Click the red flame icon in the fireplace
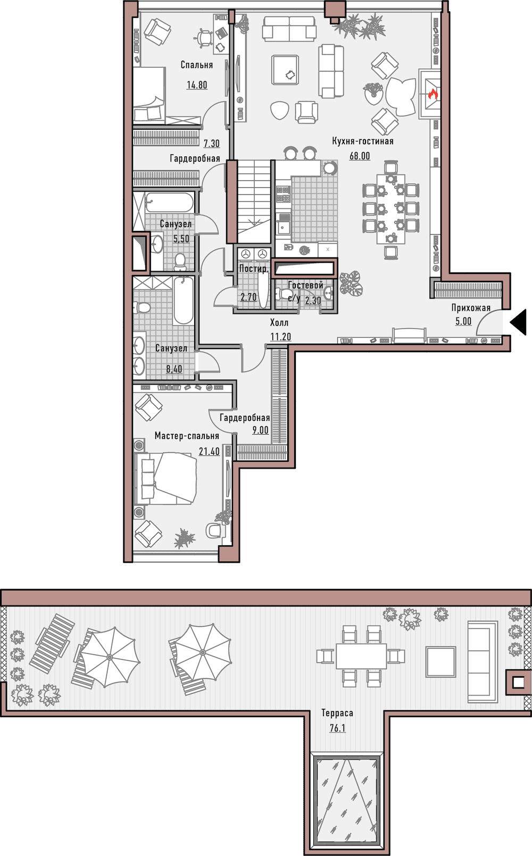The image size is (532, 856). pyautogui.click(x=433, y=94)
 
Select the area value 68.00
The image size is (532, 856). pyautogui.click(x=360, y=156)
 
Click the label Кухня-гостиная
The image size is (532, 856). pyautogui.click(x=363, y=141)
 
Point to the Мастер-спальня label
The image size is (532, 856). pyautogui.click(x=187, y=436)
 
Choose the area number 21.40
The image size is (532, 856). pyautogui.click(x=209, y=451)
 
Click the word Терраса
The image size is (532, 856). pyautogui.click(x=337, y=713)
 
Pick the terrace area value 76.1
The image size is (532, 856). pyautogui.click(x=337, y=728)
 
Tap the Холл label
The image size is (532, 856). pyautogui.click(x=279, y=322)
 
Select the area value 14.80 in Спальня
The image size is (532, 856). pyautogui.click(x=197, y=85)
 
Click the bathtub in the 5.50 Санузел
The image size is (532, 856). pyautogui.click(x=170, y=203)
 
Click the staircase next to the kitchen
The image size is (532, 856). pyautogui.click(x=254, y=201)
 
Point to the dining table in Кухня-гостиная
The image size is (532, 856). pyautogui.click(x=390, y=209)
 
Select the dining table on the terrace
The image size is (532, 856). pyautogui.click(x=361, y=656)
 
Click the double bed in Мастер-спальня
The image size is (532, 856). pyautogui.click(x=167, y=478)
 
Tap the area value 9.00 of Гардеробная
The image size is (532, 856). pyautogui.click(x=260, y=430)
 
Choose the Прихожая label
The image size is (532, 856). pyautogui.click(x=471, y=308)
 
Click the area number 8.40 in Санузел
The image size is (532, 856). pyautogui.click(x=174, y=369)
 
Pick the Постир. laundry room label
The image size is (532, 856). pyautogui.click(x=253, y=269)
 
